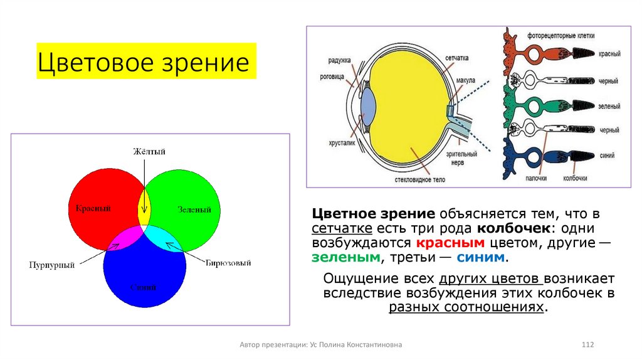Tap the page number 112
587,345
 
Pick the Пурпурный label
51,265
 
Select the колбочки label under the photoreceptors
575,178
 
